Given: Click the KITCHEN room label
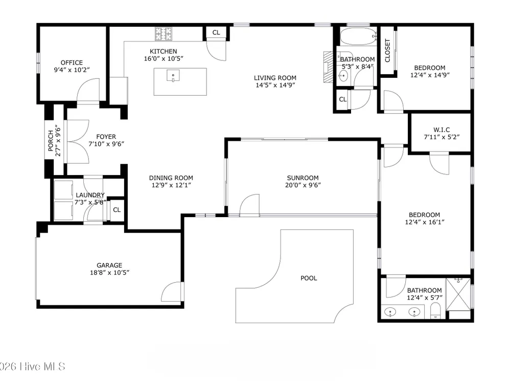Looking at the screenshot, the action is tap(164, 51).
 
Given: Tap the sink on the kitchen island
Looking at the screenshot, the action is tap(173, 76).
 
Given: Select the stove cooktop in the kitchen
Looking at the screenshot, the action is tap(164, 34).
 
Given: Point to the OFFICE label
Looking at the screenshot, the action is tap(72, 62).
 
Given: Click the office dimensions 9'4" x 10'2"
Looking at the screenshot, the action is tap(72, 70).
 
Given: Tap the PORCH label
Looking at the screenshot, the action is tap(51, 141).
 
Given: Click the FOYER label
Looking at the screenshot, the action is tap(106, 137).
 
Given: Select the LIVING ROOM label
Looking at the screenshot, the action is tap(275, 78).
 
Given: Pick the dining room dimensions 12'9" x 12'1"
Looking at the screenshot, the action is tap(171, 185).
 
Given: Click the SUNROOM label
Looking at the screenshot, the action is tap(303, 178).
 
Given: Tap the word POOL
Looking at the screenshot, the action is tap(309, 278).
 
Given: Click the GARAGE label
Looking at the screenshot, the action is tap(109, 265).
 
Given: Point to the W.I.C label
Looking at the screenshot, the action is tap(442, 130).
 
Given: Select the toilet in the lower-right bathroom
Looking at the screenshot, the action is tap(435, 311).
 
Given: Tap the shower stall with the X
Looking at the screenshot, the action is tap(458, 294).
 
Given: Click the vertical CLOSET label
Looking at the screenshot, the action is tap(387, 51).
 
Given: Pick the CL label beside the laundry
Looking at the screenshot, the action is tap(117, 209).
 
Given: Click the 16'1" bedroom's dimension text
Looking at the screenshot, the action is tap(425, 222).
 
